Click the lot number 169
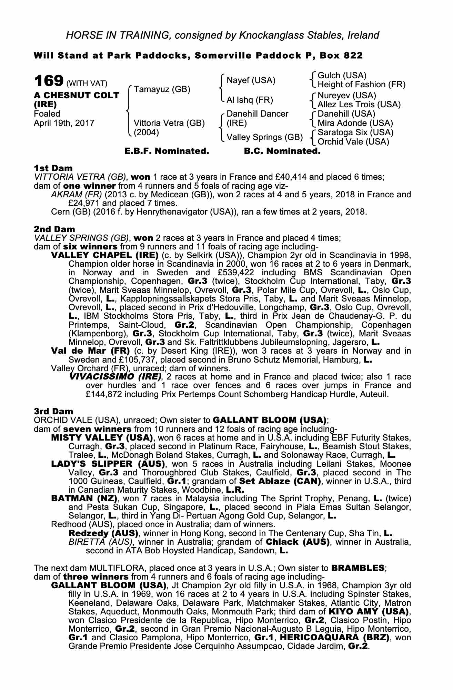coord(48,81)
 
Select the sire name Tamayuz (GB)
coord(162,90)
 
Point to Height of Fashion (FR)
coord(361,85)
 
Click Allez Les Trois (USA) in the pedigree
coord(359,104)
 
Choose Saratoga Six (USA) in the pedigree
coord(355,132)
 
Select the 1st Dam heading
coord(53,168)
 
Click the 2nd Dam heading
coord(54,229)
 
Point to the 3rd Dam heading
coord(53,411)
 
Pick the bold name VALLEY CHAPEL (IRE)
coord(104,256)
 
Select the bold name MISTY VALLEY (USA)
coord(102,438)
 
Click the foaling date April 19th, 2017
coord(64,123)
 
